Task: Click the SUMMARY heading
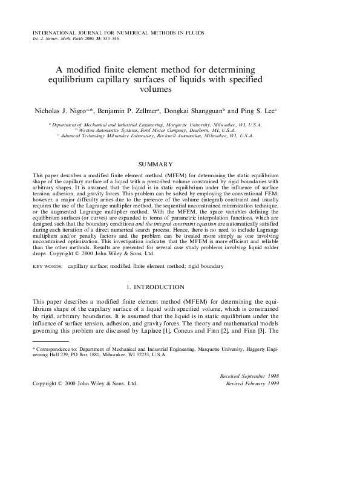(155, 165)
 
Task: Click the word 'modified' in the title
(95, 69)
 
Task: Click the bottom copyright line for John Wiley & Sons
(85, 383)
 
